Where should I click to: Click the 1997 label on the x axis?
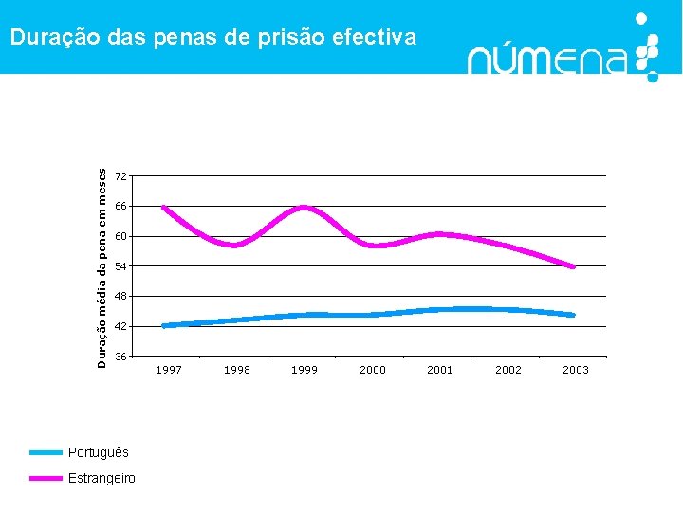(169, 370)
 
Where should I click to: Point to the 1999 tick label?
(305, 370)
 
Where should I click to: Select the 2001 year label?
(440, 370)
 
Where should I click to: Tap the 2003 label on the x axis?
(576, 370)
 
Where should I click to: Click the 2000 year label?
(373, 370)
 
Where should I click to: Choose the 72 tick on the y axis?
(120, 176)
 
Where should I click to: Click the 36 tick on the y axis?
(120, 357)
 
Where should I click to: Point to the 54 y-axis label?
(120, 266)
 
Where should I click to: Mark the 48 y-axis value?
(120, 297)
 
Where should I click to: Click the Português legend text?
(98, 452)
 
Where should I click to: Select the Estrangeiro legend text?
(102, 478)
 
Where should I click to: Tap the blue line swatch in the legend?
(46, 453)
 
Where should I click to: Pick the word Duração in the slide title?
(48, 37)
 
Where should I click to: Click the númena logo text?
(547, 59)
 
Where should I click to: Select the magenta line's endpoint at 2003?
(573, 266)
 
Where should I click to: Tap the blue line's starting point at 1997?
(164, 325)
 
